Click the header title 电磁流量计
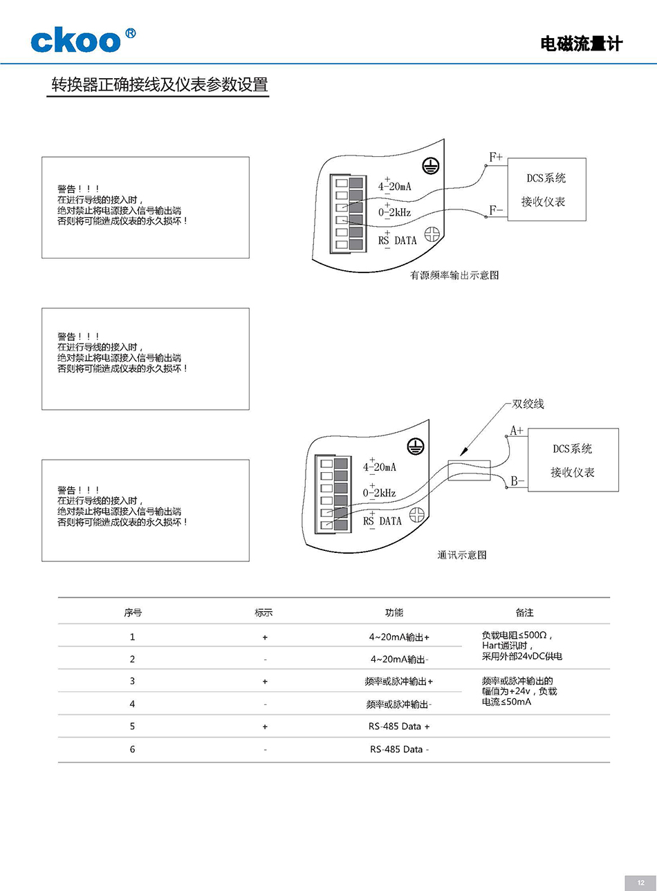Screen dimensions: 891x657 point(581,44)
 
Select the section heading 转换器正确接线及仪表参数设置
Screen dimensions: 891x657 point(160,85)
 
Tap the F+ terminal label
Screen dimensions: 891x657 point(496,158)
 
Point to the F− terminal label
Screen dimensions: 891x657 point(496,209)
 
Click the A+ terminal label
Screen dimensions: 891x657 point(517,431)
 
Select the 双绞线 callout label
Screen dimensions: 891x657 point(528,404)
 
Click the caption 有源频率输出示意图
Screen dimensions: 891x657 point(454,275)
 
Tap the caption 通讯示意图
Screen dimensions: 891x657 point(461,555)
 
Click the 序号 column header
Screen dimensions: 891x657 point(133,612)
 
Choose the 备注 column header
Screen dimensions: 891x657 point(524,612)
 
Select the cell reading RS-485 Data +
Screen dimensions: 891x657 point(399,726)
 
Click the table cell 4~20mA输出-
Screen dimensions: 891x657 point(399,659)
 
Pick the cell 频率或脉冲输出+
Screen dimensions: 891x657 point(399,682)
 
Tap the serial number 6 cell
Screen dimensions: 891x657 point(133,749)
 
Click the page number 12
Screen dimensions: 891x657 point(640,883)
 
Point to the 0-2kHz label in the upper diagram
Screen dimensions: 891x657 point(394,212)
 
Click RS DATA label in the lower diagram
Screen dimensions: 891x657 point(382,521)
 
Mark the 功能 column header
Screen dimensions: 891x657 point(394,612)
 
